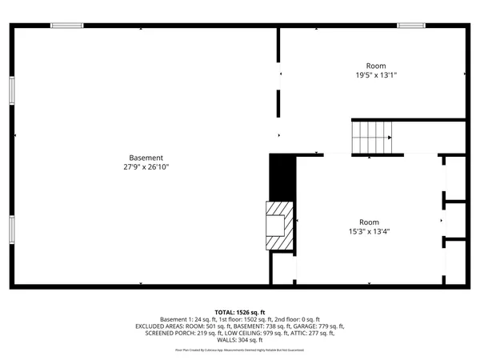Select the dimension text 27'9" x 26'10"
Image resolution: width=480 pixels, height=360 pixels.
146,167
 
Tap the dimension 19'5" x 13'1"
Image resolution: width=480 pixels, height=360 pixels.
376,75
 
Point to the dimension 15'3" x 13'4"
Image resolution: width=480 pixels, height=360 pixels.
369,232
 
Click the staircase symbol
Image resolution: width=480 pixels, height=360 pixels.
372,137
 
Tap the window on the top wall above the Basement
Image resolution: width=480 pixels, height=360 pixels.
67,26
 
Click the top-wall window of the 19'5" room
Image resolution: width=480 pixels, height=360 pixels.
411,26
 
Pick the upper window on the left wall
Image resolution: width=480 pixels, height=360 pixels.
11,90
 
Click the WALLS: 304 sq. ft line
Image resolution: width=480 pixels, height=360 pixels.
240,340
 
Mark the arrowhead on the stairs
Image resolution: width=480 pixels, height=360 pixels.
389,137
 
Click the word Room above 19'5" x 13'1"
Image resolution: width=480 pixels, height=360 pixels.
376,66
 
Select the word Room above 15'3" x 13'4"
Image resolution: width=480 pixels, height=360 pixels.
369,222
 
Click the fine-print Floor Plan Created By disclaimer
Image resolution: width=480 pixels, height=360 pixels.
240,350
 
